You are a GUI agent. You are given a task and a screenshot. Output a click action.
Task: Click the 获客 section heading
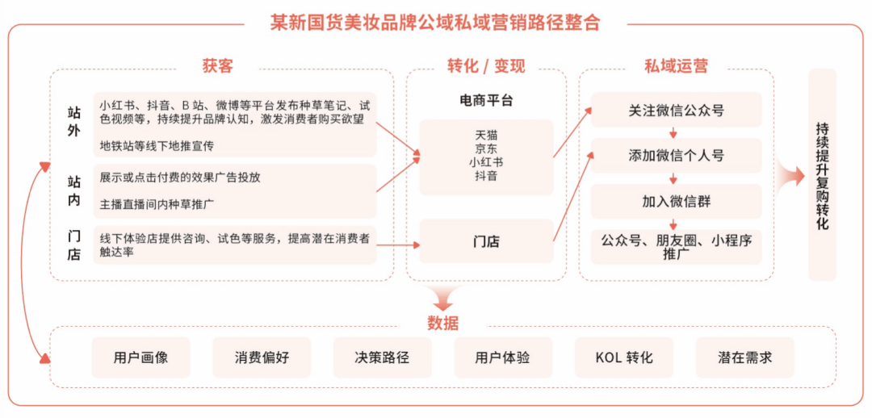(217, 66)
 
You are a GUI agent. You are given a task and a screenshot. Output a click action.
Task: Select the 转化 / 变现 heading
(486, 66)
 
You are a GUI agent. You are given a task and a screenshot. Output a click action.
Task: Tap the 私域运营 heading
(676, 66)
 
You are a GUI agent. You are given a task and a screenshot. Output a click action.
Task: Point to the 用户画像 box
(140, 357)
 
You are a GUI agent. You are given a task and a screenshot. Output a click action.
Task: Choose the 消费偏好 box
(262, 357)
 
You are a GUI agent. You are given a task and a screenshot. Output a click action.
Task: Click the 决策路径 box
(382, 357)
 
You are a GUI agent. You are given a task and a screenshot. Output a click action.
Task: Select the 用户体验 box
(503, 357)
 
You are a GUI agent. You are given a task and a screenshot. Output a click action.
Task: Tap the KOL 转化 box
(623, 357)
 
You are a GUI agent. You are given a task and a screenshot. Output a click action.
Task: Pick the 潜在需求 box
(744, 357)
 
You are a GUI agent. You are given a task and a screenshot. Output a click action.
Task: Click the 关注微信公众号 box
(676, 110)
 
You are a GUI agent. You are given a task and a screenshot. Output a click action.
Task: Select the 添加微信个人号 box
(676, 156)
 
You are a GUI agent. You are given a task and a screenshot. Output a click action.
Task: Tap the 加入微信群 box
(676, 202)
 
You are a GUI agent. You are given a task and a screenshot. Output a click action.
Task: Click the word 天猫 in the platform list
(486, 135)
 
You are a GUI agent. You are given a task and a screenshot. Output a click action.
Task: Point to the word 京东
(486, 149)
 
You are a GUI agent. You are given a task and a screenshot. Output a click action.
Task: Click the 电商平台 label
(486, 101)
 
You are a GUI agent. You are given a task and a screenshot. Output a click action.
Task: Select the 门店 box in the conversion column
(486, 241)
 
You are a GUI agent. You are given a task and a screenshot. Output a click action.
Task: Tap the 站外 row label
(74, 123)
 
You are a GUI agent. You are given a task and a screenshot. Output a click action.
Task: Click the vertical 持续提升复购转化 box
(822, 174)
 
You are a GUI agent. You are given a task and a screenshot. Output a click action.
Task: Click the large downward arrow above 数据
(443, 299)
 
